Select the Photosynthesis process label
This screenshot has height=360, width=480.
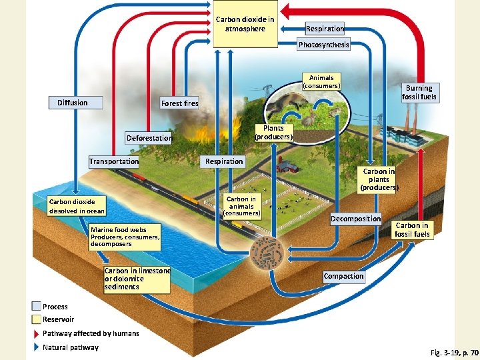pos(323,45)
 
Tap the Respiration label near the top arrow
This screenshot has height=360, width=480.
pos(325,29)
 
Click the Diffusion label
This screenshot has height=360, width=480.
pos(76,103)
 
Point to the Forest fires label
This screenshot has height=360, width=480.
pos(179,103)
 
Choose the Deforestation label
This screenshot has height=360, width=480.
pos(149,138)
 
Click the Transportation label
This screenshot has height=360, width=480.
pos(114,161)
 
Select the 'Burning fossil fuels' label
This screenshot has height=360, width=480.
pos(419,93)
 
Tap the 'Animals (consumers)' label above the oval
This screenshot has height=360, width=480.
pos(321,81)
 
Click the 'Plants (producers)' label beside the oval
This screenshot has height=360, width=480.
pos(273,132)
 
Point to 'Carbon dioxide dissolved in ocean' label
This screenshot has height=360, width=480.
pos(76,206)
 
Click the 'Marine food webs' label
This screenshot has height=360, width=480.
pos(125,237)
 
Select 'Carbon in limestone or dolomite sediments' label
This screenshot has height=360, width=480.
pos(137,279)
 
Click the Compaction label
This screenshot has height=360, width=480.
pos(343,276)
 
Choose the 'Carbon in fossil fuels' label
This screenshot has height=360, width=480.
pos(411,230)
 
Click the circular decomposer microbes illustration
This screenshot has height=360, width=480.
pos(266,255)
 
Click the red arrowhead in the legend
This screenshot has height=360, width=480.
pos(36,333)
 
